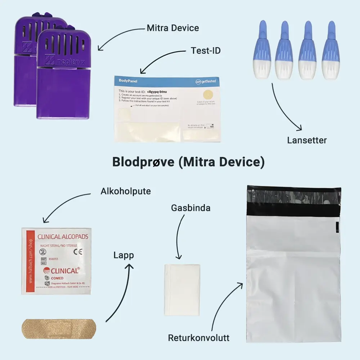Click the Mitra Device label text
pyautogui.click(x=173, y=28)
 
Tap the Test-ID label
pyautogui.click(x=206, y=50)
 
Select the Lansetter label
pyautogui.click(x=307, y=140)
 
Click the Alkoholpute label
pyautogui.click(x=126, y=191)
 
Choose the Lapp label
pyautogui.click(x=123, y=256)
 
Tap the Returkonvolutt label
pyautogui.click(x=199, y=338)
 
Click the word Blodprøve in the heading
pyautogui.click(x=143, y=162)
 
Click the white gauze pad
pyautogui.click(x=182, y=289)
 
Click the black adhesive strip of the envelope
pyautogui.click(x=294, y=209)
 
